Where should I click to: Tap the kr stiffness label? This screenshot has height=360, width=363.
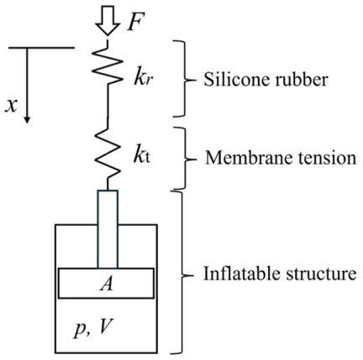tap(143, 79)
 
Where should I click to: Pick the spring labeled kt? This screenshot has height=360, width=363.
tap(108, 154)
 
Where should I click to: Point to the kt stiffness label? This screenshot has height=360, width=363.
tap(142, 157)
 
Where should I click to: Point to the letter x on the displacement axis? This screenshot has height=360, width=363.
tap(11, 107)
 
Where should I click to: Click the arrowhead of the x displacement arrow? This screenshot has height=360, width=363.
tap(27, 120)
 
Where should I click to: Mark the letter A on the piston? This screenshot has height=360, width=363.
tap(107, 284)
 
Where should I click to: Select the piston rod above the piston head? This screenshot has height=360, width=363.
tap(108, 229)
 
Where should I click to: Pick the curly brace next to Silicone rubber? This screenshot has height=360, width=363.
tap(183, 79)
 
